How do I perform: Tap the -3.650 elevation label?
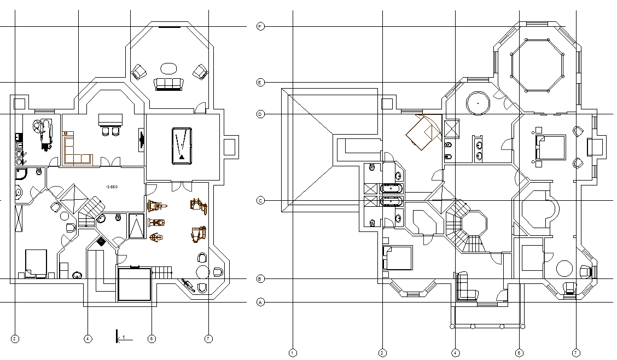click(112, 187)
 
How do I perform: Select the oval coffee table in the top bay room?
click(168, 68)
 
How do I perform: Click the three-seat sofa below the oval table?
click(168, 84)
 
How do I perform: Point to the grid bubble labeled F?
click(260, 26)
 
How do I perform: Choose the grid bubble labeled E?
click(260, 83)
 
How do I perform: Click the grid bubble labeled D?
click(260, 114)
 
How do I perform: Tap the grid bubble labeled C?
click(260, 201)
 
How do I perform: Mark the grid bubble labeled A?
click(260, 302)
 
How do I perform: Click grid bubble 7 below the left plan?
click(208, 339)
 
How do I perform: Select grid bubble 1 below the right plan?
click(293, 353)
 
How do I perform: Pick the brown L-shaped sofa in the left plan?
click(74, 150)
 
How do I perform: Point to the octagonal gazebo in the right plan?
click(537, 66)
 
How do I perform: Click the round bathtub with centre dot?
click(478, 103)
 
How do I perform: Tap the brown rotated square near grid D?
click(423, 132)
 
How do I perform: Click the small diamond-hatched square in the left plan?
click(101, 241)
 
